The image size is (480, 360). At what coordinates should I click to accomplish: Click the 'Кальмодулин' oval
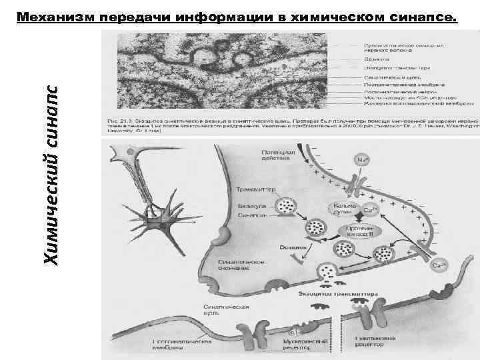click(x=342, y=209)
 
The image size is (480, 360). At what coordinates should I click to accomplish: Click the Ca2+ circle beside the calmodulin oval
click(x=371, y=209)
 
